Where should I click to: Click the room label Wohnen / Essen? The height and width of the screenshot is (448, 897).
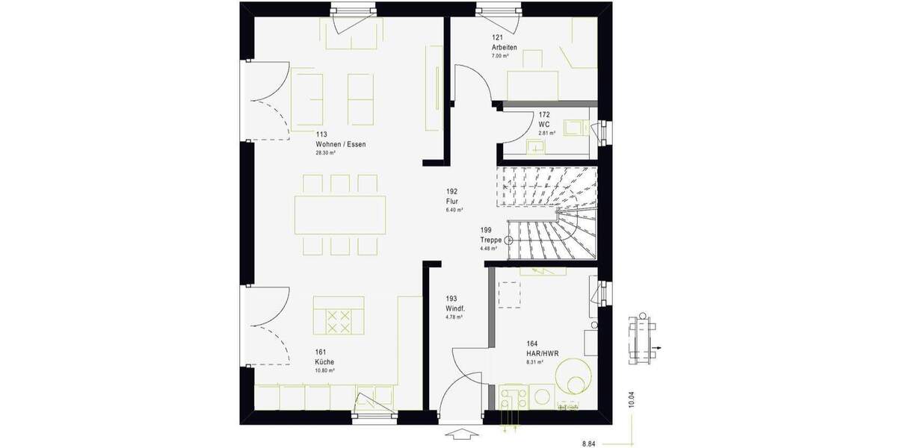[x=341, y=143]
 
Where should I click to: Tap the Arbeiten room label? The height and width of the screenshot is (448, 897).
[x=505, y=47]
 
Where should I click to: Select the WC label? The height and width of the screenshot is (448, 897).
[x=543, y=124]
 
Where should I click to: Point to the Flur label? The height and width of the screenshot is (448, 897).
[x=452, y=201]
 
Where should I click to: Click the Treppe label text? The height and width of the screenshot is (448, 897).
[x=491, y=240]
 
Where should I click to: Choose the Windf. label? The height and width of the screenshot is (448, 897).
[x=455, y=308]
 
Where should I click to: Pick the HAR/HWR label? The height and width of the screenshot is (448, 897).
[x=543, y=353]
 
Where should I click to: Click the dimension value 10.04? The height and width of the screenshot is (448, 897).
[x=632, y=400]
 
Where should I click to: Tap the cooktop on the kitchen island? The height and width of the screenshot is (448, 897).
[x=339, y=321]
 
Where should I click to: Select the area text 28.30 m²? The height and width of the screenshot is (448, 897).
[x=325, y=152]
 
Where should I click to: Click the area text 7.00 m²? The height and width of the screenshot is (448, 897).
[x=500, y=56]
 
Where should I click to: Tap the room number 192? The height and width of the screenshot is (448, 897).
[x=452, y=191]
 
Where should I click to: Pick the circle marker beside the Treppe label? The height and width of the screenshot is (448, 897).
[x=509, y=240]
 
